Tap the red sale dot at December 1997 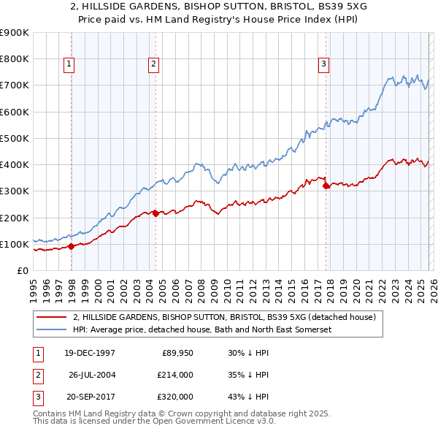72,246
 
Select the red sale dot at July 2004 156,213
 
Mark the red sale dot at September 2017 326,186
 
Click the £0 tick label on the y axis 22,270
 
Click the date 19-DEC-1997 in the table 89,353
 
